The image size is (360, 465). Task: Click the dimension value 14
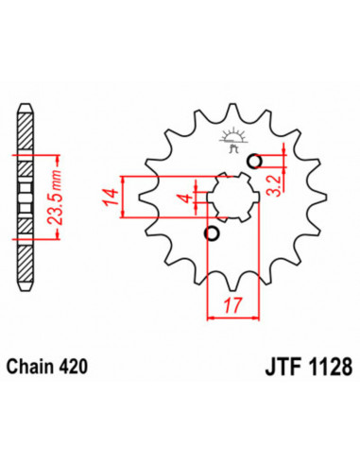click(x=110, y=197)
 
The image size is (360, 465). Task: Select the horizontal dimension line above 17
click(x=231, y=317)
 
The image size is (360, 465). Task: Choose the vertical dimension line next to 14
click(x=123, y=197)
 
